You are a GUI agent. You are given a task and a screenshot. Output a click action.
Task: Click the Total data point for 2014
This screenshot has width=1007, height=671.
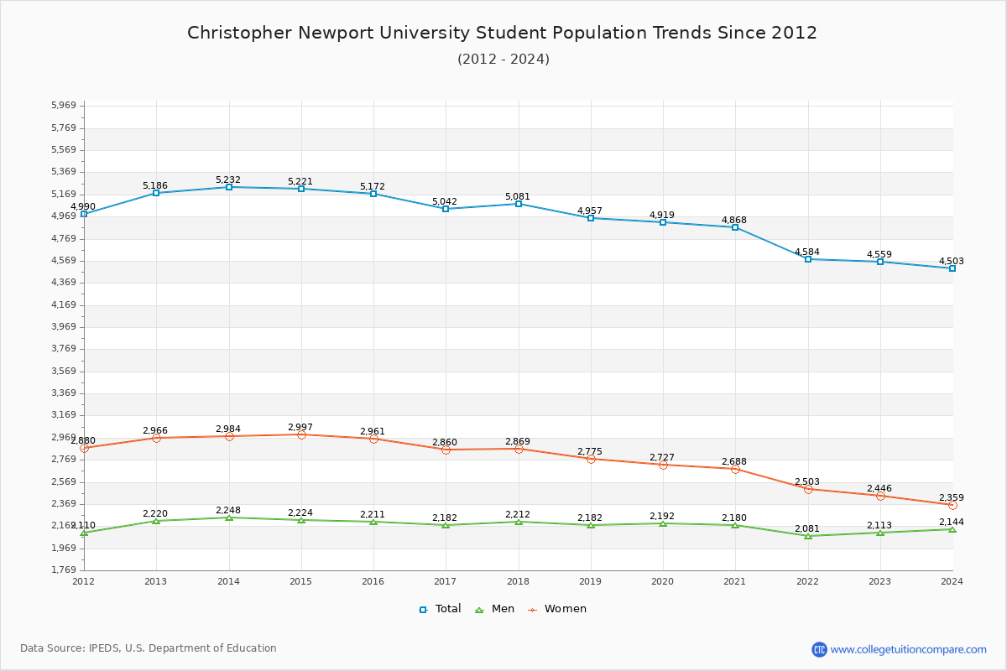pyautogui.click(x=228, y=187)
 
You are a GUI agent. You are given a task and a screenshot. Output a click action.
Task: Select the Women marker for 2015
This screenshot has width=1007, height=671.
pyautogui.click(x=301, y=434)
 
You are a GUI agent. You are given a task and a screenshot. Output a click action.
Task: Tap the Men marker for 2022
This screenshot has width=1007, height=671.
pyautogui.click(x=808, y=536)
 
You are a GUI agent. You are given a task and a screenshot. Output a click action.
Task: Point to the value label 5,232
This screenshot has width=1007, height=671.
pyautogui.click(x=228, y=179)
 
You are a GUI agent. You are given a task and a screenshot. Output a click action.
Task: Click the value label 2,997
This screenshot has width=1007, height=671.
pyautogui.click(x=300, y=427)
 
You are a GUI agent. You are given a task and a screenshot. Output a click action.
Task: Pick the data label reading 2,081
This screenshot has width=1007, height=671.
pyautogui.click(x=807, y=528)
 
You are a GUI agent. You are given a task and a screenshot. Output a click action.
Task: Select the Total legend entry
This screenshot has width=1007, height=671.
pyautogui.click(x=441, y=609)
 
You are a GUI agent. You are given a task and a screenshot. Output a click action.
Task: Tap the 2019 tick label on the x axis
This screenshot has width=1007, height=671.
pyautogui.click(x=591, y=581)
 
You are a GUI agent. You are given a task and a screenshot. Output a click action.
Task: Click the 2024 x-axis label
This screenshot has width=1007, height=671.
pyautogui.click(x=952, y=581)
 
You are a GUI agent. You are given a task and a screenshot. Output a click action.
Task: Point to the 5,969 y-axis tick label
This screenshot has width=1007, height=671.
pyautogui.click(x=64, y=106)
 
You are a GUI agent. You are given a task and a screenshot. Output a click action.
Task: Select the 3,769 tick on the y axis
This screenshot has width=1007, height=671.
pyautogui.click(x=64, y=349)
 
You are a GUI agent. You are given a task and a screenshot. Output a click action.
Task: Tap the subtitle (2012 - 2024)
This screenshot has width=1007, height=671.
pyautogui.click(x=503, y=59)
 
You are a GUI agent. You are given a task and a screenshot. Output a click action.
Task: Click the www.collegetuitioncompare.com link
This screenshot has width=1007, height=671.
pyautogui.click(x=908, y=649)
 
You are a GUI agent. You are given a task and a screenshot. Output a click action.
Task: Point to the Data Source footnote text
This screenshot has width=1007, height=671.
pyautogui.click(x=149, y=648)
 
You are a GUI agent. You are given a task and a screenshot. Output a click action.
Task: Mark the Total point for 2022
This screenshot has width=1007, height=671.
pyautogui.click(x=808, y=259)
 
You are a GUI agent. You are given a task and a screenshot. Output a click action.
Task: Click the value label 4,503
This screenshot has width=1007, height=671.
pyautogui.click(x=951, y=261)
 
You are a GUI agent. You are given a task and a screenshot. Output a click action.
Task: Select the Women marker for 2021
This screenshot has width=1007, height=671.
pyautogui.click(x=735, y=469)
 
